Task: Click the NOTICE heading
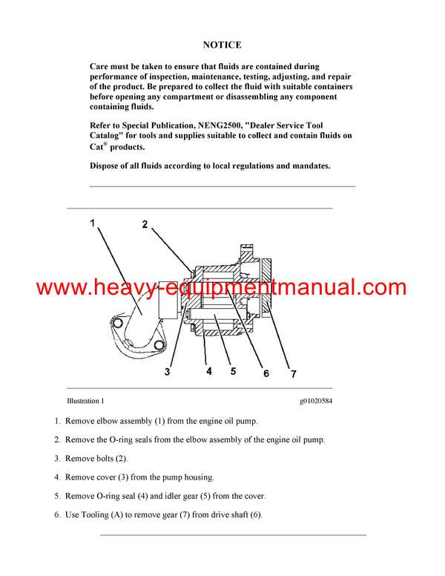click(x=222, y=45)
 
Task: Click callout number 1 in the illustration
click(x=93, y=223)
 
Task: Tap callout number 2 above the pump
click(x=145, y=224)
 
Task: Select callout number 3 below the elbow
click(x=168, y=372)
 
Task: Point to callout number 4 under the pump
click(x=208, y=370)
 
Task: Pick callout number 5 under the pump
click(x=233, y=370)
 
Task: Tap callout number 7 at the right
click(x=293, y=373)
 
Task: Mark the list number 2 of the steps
click(x=57, y=439)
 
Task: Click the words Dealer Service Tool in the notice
click(x=286, y=126)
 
